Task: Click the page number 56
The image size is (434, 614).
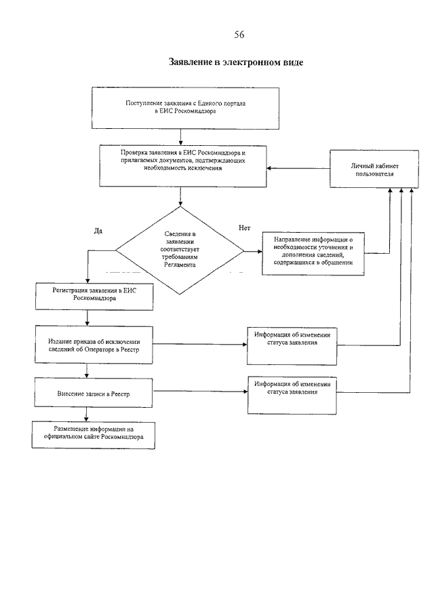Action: pos(239,35)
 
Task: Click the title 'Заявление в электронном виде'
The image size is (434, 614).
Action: pos(236,62)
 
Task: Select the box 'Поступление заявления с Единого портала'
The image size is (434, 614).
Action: pos(186,108)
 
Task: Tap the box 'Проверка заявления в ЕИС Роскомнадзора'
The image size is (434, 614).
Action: pos(183,166)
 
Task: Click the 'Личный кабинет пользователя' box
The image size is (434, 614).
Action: pos(374,169)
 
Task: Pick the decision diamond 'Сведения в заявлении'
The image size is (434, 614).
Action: pos(180,250)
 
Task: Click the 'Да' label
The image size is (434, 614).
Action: pos(98,231)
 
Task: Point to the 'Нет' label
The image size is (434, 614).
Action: pos(245,228)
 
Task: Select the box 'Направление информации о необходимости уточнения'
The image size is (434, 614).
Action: pos(313,254)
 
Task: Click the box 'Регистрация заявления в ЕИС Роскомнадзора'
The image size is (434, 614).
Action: pos(94,296)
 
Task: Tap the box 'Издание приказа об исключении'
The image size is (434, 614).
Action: pos(94,345)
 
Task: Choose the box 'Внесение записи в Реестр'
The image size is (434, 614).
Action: pos(94,393)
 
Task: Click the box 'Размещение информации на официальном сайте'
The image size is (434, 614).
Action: pos(94,435)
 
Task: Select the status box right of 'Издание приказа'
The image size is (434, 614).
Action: pos(292,346)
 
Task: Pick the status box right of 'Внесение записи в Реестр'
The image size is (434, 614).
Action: pos(292,395)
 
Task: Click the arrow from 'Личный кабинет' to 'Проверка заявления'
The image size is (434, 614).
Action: pos(298,168)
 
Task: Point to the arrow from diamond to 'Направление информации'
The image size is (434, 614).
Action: pos(253,252)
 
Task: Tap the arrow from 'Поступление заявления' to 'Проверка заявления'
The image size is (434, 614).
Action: pos(180,137)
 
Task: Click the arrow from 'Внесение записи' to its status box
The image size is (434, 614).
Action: pos(200,391)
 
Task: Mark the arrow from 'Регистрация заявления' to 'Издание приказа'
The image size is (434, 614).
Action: pos(87,318)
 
